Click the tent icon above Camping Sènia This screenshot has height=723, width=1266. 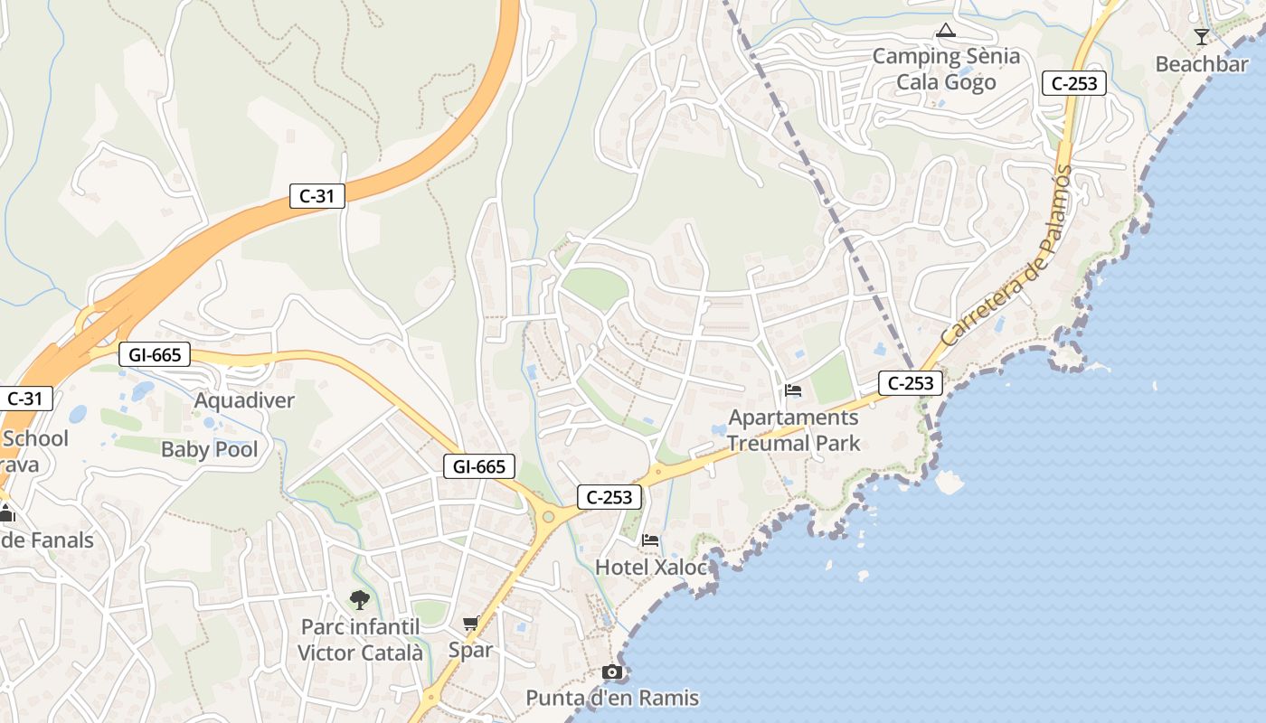point(946,32)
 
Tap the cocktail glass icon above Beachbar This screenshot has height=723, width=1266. point(1201,37)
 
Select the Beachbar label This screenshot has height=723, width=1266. point(1202,64)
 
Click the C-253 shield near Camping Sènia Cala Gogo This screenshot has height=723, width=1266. point(1074,83)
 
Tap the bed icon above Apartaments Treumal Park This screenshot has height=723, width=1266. point(793,390)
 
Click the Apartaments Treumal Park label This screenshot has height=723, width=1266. point(793,430)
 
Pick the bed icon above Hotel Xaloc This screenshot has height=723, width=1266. point(649,540)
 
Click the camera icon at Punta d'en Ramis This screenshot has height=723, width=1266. point(612,671)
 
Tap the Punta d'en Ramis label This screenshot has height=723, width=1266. point(612,698)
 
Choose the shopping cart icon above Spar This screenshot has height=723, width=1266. point(470,623)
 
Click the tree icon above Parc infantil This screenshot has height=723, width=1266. point(360,599)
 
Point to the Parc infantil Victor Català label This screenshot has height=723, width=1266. point(360,639)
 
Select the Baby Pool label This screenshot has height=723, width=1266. point(209,449)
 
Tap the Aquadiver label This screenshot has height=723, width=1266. point(244,400)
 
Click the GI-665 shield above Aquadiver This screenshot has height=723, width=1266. point(155,355)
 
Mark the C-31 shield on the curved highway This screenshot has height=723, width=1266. point(317,195)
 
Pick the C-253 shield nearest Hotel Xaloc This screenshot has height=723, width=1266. point(609,496)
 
